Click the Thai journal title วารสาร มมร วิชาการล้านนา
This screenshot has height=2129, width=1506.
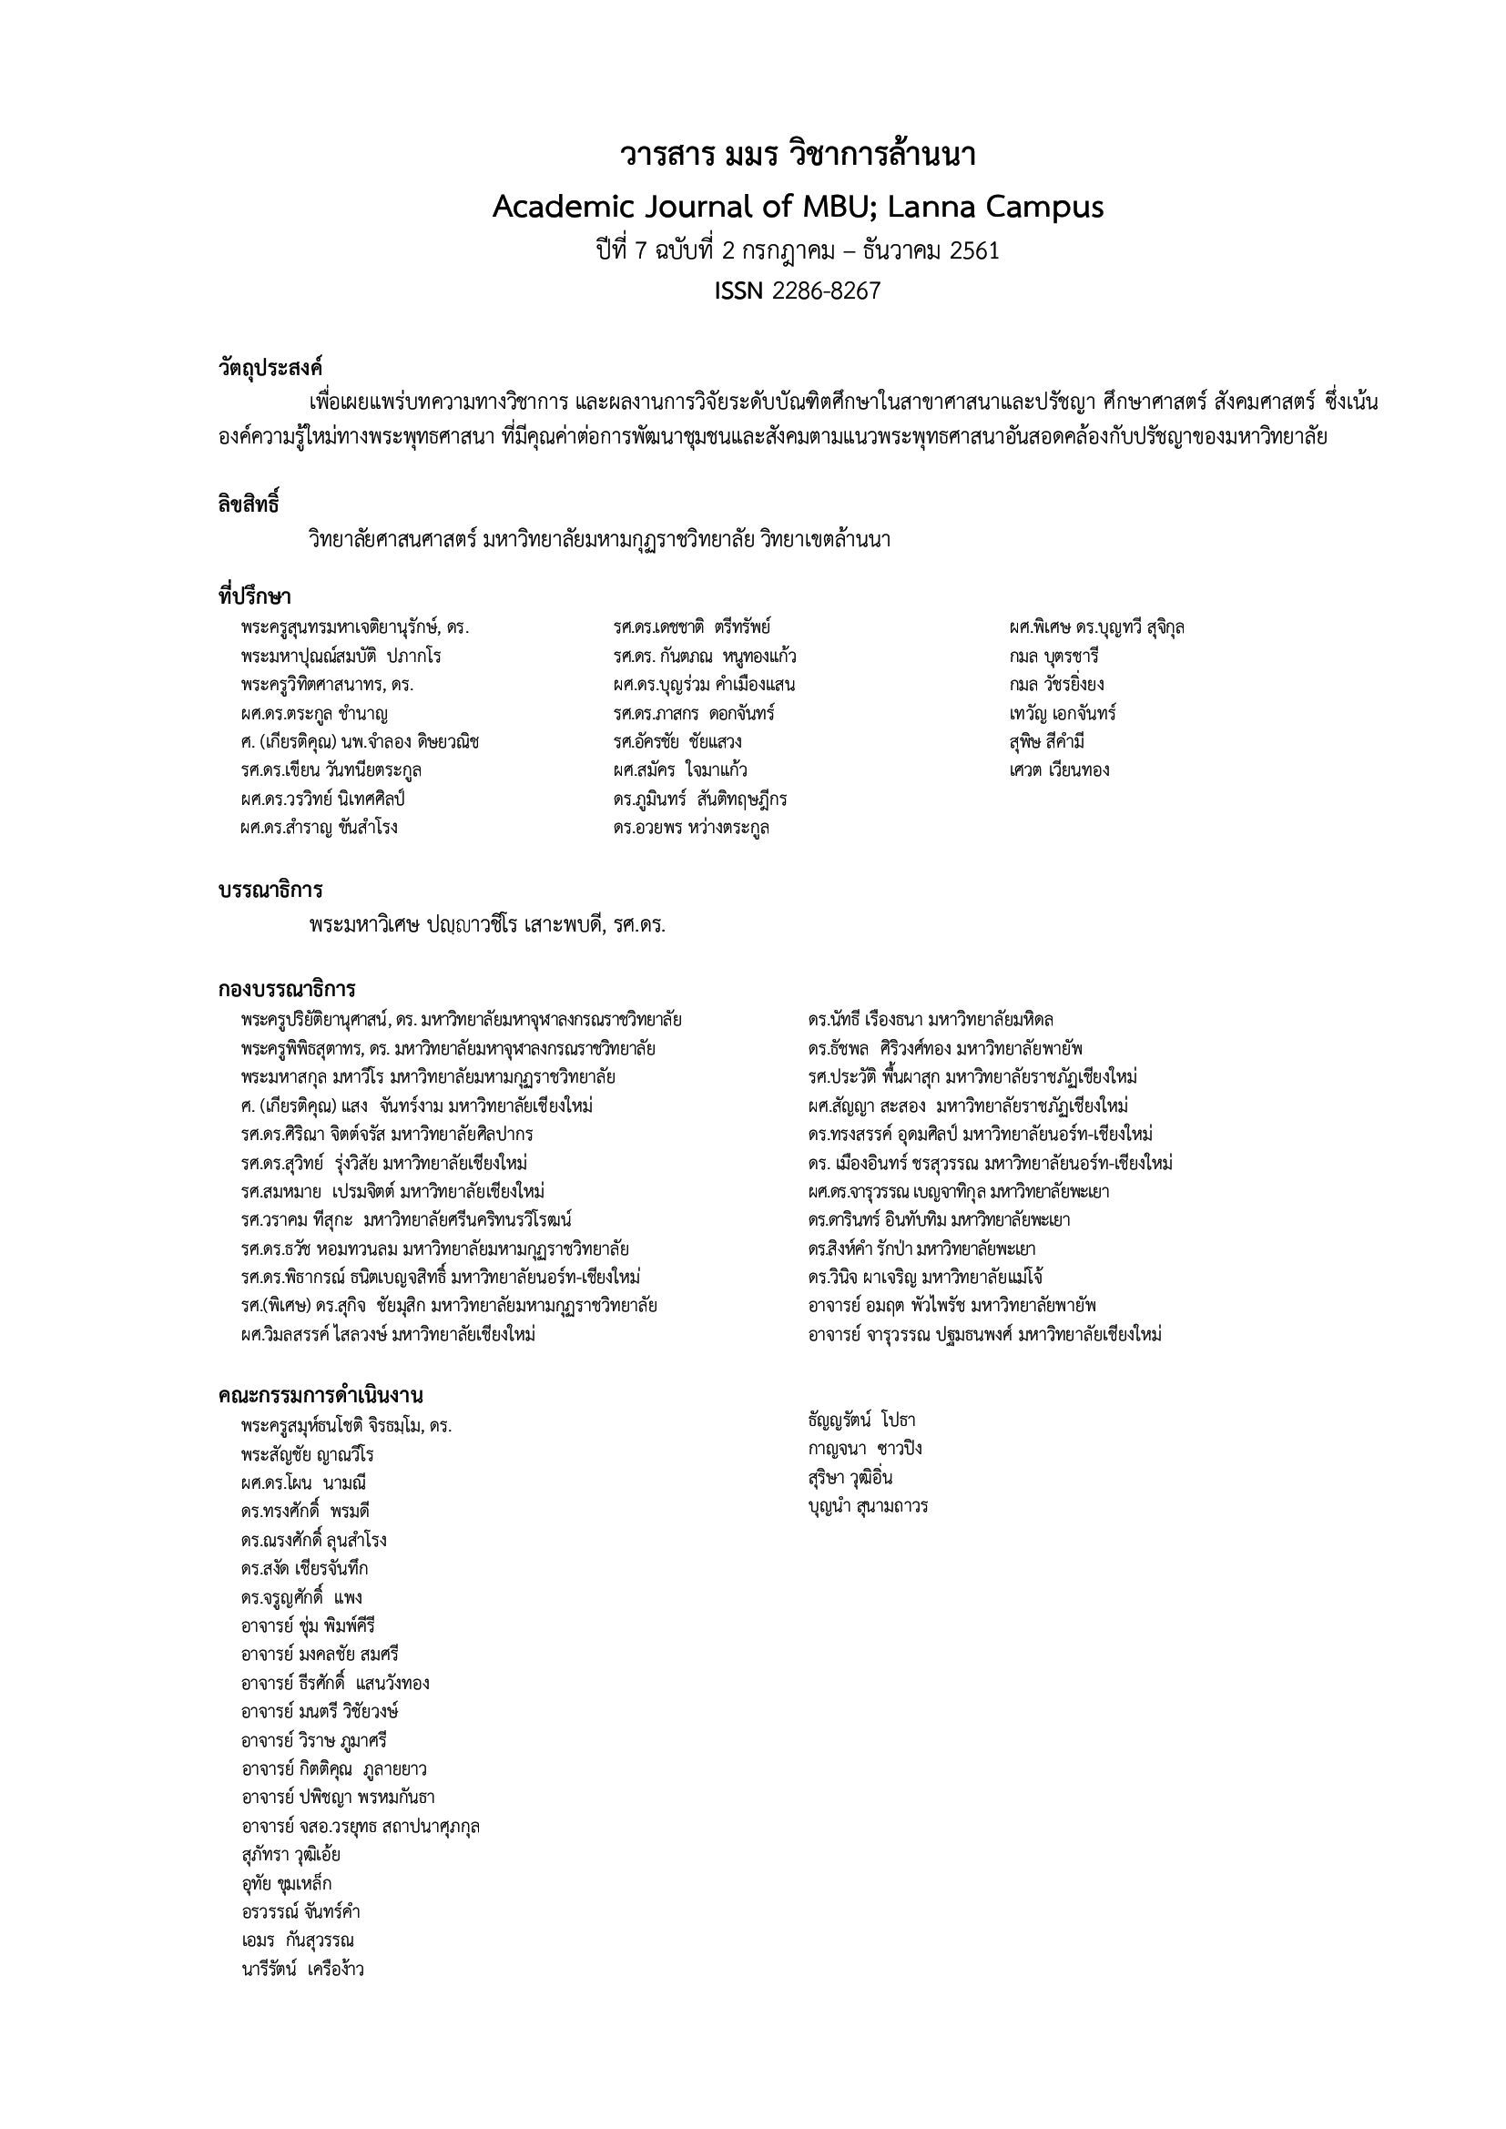click(798, 155)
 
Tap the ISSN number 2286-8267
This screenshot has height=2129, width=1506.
click(826, 291)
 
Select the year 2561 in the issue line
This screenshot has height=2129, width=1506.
click(974, 250)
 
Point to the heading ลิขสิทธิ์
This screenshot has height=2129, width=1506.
click(249, 505)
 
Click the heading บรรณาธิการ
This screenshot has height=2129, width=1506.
click(270, 891)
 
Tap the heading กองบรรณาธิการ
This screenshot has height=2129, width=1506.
click(288, 990)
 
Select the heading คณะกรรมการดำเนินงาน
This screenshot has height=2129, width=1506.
click(321, 1396)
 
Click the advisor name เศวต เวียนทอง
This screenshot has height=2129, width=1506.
click(1059, 769)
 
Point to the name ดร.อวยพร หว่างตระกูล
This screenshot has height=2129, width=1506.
click(691, 827)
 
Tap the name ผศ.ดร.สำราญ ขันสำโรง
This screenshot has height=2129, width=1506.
click(318, 827)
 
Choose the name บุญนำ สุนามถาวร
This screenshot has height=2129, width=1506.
click(868, 1506)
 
